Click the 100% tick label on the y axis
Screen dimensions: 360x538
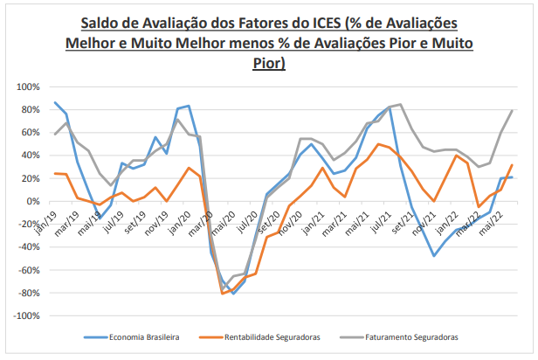[27, 87]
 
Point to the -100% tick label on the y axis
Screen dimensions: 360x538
[25, 315]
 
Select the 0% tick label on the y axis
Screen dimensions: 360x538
[32, 201]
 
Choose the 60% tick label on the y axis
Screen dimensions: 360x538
[30, 133]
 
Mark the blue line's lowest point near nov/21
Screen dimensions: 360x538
[433, 256]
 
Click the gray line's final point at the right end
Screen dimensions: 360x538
[511, 111]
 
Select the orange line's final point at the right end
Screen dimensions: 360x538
[511, 165]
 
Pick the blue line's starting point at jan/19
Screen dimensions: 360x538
[55, 102]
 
